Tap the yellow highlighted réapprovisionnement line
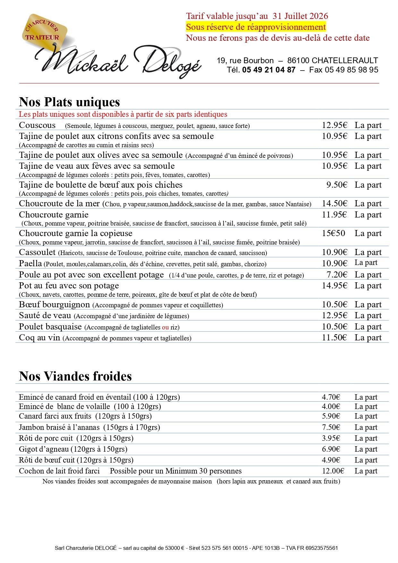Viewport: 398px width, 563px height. click(256, 27)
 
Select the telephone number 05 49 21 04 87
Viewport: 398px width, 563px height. click(269, 70)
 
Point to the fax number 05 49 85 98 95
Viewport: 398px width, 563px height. click(351, 70)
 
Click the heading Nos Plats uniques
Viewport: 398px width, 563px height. click(69, 102)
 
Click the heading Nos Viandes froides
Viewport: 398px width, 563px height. click(75, 376)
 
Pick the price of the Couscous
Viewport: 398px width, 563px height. click(334, 125)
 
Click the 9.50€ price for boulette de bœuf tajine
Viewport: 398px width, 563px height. click(337, 185)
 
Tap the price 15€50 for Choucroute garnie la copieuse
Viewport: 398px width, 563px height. click(334, 233)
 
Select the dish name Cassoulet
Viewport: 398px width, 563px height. click(37, 252)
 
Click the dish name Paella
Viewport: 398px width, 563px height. click(30, 263)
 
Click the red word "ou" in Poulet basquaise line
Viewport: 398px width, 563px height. click(165, 328)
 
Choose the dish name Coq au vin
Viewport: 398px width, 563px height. click(39, 337)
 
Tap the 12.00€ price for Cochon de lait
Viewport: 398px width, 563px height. click(333, 471)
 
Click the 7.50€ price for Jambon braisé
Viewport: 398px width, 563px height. click(331, 427)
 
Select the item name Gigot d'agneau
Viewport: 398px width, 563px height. click(44, 449)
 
